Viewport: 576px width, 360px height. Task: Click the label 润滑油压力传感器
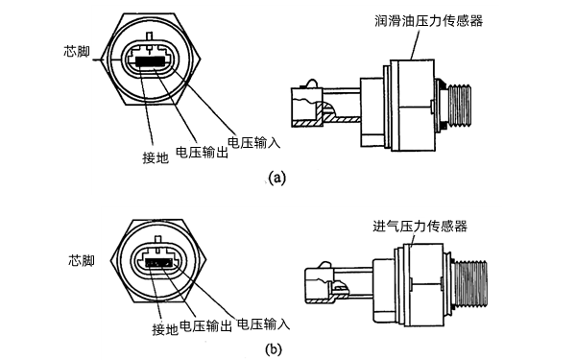pos(429,20)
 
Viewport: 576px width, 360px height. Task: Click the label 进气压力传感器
pos(420,226)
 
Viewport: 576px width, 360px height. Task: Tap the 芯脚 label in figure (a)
pos(77,52)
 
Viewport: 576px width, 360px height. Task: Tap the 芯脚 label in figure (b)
pos(82,260)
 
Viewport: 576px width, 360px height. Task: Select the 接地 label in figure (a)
pos(156,157)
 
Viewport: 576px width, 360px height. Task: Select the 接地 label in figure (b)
pos(165,329)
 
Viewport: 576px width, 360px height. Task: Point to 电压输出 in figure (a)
pos(202,152)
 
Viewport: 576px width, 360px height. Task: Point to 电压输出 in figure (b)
pos(206,325)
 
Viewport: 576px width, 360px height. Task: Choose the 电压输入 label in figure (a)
pos(254,142)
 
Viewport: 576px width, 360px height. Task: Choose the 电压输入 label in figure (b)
pos(263,324)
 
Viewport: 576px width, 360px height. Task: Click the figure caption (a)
pos(276,179)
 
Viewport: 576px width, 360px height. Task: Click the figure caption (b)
pos(274,349)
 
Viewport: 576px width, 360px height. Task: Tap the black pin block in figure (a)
pos(151,61)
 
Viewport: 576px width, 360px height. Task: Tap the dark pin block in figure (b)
pos(158,263)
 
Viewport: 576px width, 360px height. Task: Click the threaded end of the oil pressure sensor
pos(459,107)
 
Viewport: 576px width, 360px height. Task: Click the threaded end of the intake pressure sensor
pos(471,283)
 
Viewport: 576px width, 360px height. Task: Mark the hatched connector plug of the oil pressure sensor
pos(307,108)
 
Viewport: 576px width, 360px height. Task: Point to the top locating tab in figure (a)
pos(149,36)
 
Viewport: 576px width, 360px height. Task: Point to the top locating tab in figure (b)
pos(158,240)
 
